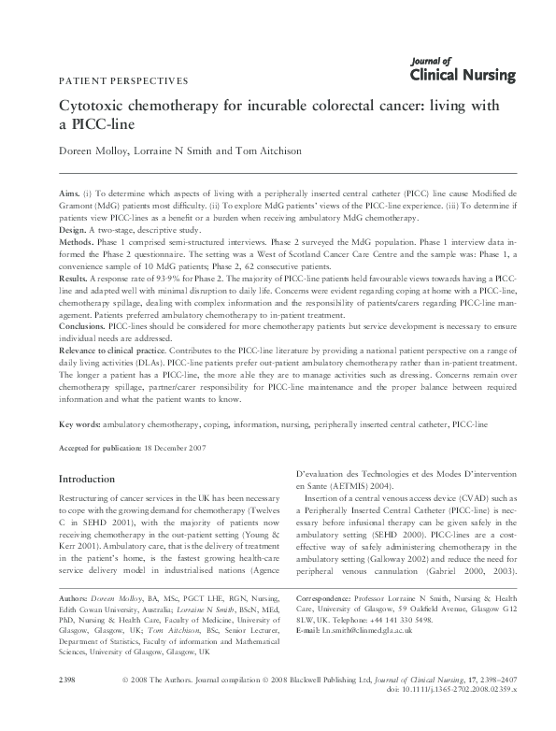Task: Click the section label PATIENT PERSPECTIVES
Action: point(123,80)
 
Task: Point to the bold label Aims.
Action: point(70,191)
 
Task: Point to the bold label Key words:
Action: point(79,424)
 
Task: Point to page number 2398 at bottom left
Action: point(66,703)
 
